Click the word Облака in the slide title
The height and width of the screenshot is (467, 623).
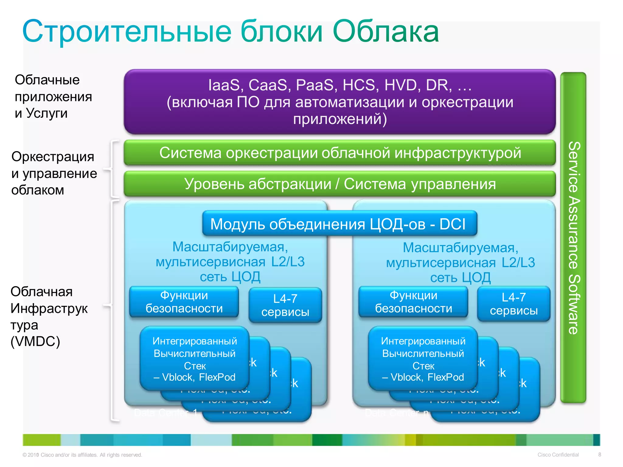(x=386, y=31)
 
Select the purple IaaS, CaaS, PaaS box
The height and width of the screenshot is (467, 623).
(x=339, y=102)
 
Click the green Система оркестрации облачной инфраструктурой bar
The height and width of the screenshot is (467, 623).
(x=339, y=153)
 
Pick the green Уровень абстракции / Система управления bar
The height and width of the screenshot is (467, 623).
(x=339, y=184)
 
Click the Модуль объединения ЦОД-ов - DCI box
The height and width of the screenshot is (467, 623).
(x=339, y=224)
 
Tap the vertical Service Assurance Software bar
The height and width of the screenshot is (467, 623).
(x=573, y=237)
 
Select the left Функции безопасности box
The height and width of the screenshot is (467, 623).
(x=184, y=302)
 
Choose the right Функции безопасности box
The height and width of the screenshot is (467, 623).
(x=413, y=302)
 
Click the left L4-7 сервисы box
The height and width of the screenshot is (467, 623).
(x=285, y=305)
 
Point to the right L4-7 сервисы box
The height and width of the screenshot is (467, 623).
(x=513, y=304)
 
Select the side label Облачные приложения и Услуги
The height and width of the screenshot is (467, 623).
(x=53, y=96)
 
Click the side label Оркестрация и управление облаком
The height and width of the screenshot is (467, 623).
(x=54, y=173)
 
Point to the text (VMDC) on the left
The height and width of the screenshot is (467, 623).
(x=35, y=341)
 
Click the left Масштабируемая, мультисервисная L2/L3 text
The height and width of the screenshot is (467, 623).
(x=230, y=261)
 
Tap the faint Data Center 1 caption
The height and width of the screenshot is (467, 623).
(x=166, y=413)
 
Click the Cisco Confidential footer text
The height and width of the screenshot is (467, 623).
(x=558, y=455)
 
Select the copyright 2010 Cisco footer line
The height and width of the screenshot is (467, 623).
(x=82, y=455)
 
